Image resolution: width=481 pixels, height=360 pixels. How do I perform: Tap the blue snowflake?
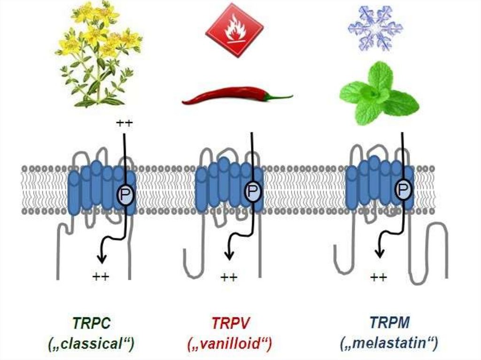click(x=375, y=28)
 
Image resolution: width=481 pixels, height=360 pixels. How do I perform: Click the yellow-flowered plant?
click(x=99, y=54)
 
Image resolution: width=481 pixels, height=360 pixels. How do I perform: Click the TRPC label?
click(x=91, y=323)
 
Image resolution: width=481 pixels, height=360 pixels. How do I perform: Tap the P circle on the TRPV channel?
click(x=253, y=191)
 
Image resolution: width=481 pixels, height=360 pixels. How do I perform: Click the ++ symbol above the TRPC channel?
click(x=125, y=124)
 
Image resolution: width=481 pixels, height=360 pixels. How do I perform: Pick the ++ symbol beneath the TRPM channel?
click(x=379, y=277)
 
